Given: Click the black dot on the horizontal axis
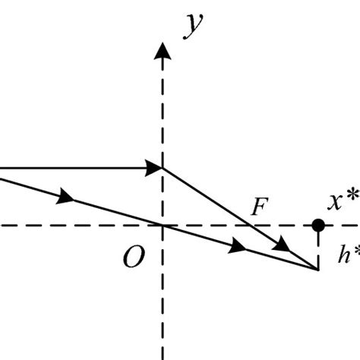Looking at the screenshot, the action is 318,226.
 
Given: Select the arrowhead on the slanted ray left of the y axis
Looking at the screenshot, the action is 67,197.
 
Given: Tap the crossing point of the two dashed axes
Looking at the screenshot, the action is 162,226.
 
